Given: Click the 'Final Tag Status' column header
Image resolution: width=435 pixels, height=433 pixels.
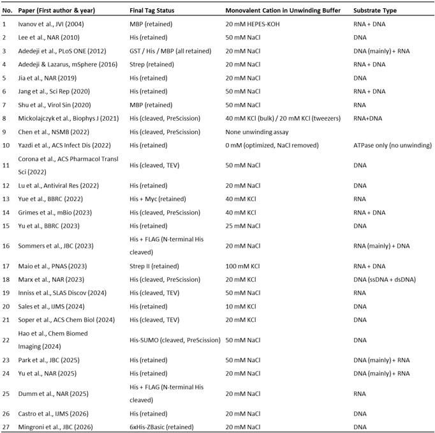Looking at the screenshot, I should [x=154, y=11].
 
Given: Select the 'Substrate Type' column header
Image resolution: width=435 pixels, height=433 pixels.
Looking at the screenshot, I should [x=375, y=11].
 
